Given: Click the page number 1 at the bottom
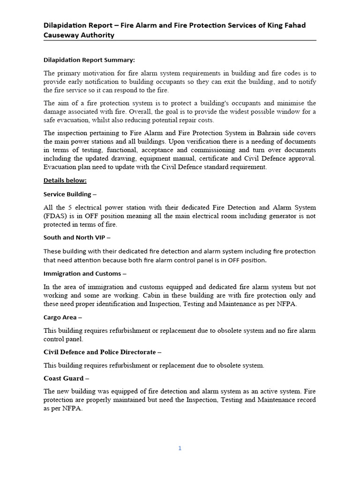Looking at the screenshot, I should point(180,448).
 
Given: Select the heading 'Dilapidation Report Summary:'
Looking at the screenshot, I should point(89,60).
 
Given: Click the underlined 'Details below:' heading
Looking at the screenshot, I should point(65,180).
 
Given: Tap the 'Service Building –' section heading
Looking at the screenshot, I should point(70,194).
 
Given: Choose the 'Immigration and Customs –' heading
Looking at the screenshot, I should point(85,273).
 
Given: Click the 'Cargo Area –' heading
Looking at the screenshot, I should point(63,317).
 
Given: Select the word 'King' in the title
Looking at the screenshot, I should point(262,25).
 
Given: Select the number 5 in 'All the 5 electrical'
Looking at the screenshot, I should point(71,207).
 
